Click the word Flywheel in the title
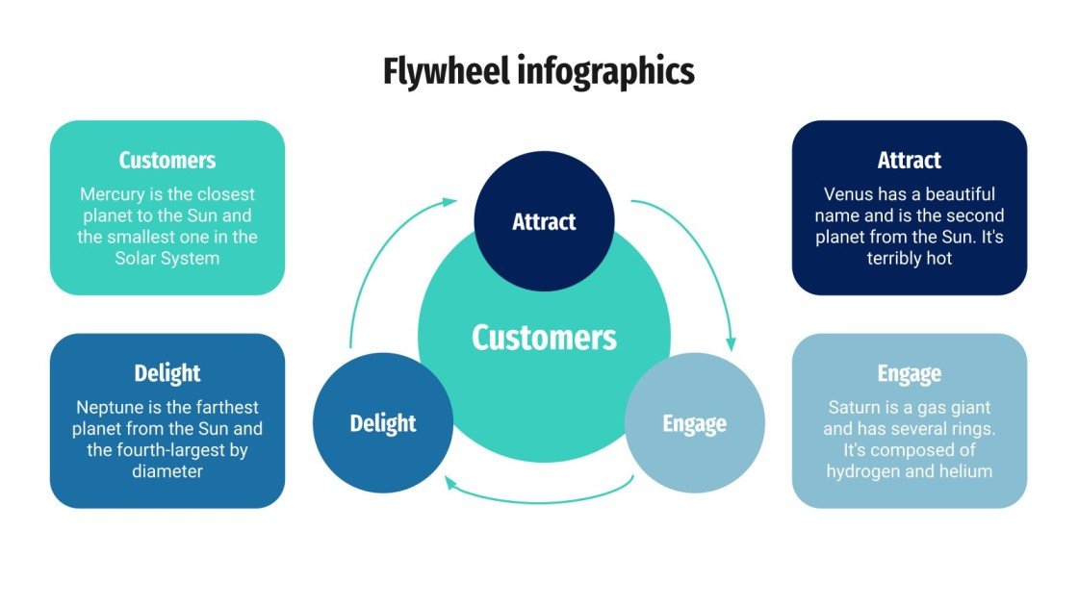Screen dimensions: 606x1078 coord(445,72)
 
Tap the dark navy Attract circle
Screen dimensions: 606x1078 coord(544,220)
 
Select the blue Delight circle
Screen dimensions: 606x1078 coord(382,422)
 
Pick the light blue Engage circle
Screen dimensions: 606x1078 coord(694,422)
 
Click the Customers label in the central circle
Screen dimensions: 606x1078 coord(544,338)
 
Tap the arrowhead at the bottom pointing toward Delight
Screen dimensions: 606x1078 coord(449,484)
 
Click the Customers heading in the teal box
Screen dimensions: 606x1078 coord(167,160)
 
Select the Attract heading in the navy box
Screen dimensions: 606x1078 coord(909,160)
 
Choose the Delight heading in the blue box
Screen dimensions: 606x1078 coord(167,373)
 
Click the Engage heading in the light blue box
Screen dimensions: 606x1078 coord(909,373)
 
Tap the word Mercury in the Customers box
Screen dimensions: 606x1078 coord(111,194)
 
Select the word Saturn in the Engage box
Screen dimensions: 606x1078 coord(853,408)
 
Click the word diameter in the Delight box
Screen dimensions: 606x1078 coord(167,471)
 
